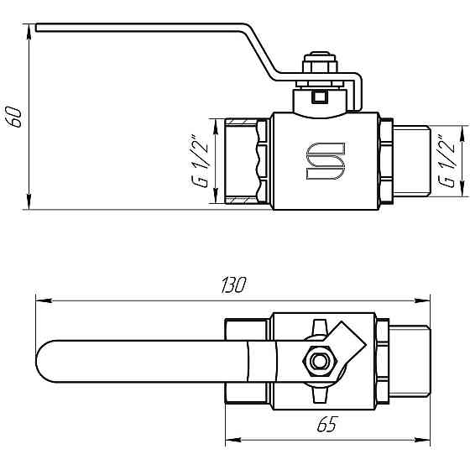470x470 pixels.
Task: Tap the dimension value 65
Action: tap(327, 426)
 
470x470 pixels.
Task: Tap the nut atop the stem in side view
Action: tap(320, 65)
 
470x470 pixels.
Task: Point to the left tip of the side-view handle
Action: tap(38, 28)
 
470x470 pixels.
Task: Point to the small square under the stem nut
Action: tap(319, 97)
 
